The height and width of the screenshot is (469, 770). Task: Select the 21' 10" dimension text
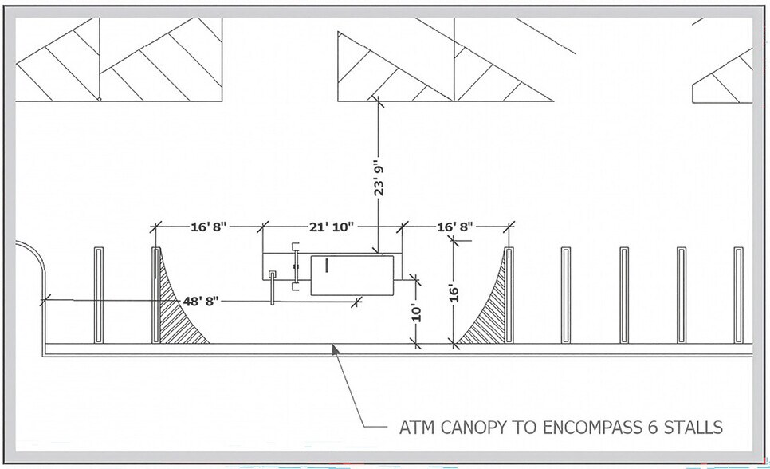coord(332,227)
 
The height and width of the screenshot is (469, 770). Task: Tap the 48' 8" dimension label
coord(200,301)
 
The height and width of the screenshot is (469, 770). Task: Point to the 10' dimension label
coord(416,313)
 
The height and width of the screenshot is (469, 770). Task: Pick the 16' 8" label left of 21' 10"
coord(209,227)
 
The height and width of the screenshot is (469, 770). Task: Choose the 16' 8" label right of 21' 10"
coord(455,227)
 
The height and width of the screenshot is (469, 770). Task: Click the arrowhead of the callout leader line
coord(336,349)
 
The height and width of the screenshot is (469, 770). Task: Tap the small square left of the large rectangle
coord(272,274)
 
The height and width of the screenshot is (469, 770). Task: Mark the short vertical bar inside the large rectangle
coord(325,265)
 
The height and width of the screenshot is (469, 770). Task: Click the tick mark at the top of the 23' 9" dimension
coord(378,100)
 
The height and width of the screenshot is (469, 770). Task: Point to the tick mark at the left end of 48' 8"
coord(45,299)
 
